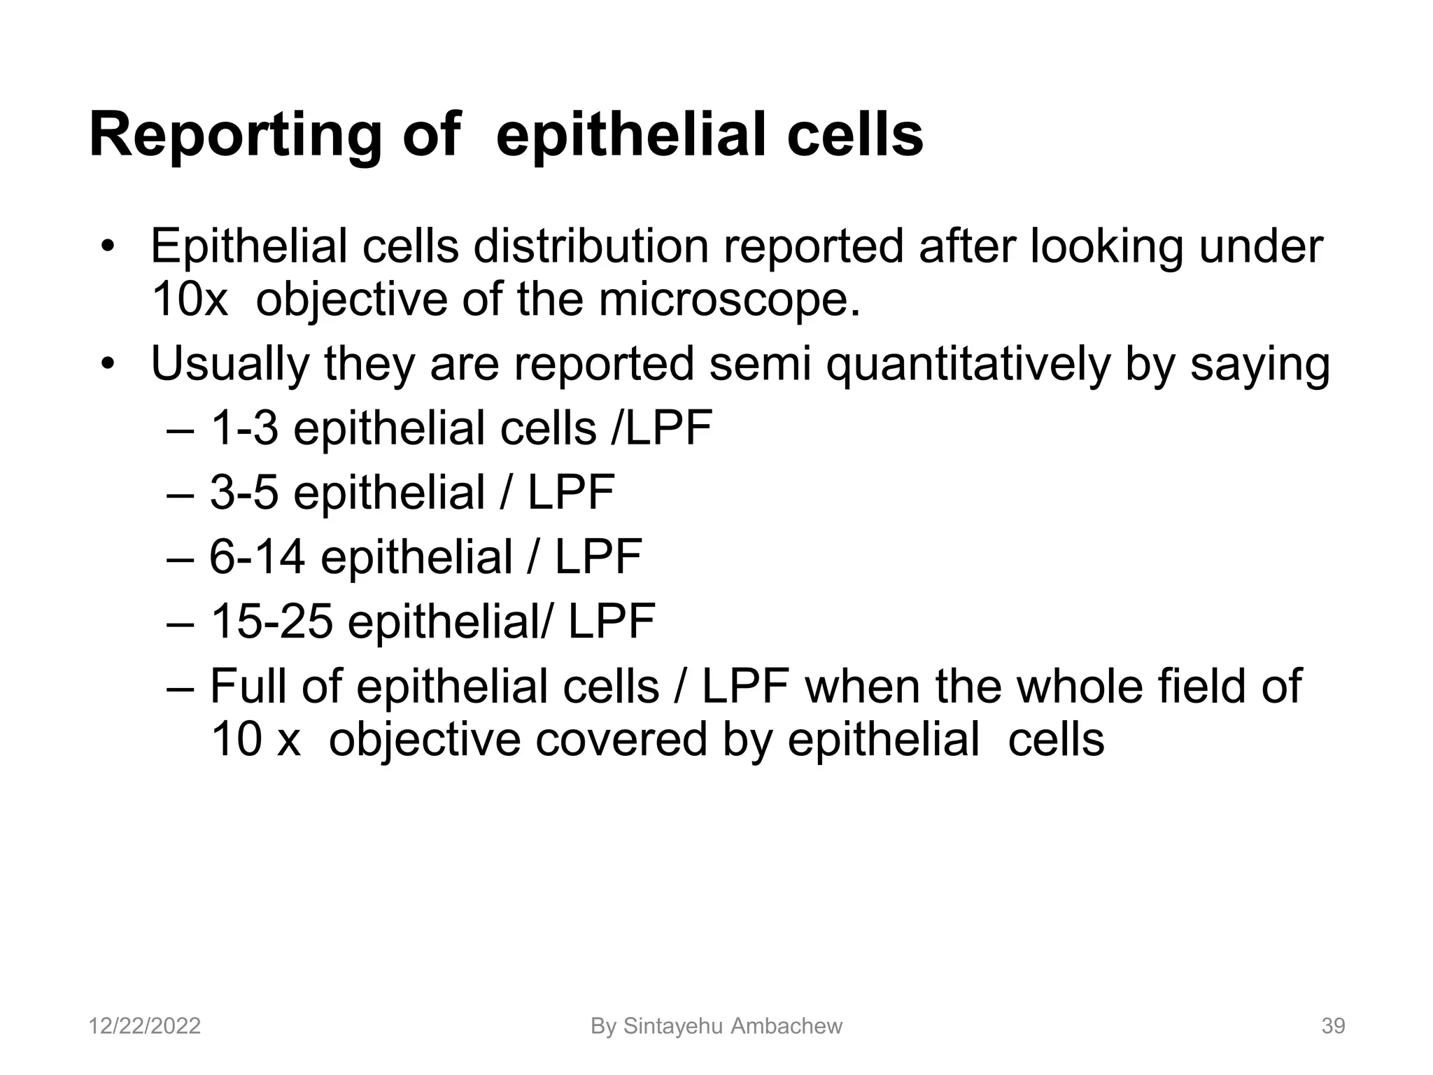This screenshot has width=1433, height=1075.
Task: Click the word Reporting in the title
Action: click(x=234, y=136)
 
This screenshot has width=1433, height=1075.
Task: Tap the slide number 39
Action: click(x=1333, y=1026)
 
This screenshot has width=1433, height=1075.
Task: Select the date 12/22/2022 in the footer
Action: click(x=145, y=1026)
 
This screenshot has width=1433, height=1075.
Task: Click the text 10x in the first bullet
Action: click(x=190, y=300)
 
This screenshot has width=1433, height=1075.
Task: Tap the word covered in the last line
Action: click(x=621, y=740)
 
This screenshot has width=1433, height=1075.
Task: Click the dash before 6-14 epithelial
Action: click(x=181, y=558)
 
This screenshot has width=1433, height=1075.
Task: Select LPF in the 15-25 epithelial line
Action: click(x=612, y=621)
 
